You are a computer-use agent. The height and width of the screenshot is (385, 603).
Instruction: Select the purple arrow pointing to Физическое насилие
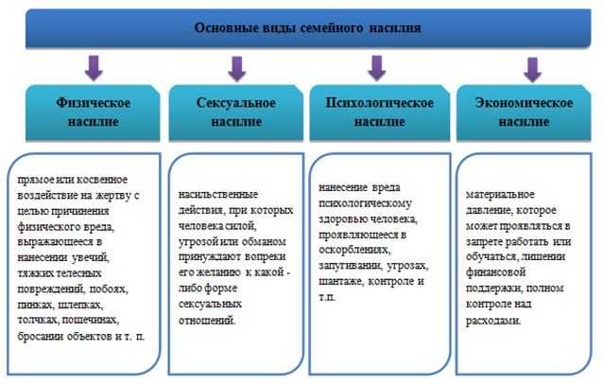coord(94,68)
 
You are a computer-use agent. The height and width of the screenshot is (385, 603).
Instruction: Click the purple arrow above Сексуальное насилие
coord(237,69)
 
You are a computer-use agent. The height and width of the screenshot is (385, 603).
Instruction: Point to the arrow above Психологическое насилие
coord(376,68)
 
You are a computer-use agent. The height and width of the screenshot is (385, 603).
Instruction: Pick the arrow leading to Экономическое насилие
coord(533,70)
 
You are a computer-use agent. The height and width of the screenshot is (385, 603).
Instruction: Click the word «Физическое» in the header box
coord(93,103)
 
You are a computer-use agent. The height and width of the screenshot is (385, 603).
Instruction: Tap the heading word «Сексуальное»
coord(236,103)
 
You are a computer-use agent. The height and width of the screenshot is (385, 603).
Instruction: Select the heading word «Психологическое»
coord(380,103)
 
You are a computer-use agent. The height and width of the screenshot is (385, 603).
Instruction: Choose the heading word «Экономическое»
coord(524,103)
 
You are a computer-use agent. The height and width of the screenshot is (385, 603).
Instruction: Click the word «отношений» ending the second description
coord(207,321)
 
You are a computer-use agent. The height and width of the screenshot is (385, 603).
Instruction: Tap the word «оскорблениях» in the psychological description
coord(354,251)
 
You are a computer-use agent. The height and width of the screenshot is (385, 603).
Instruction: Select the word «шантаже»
coord(340,281)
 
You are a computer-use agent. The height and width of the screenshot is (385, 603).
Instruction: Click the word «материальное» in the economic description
coord(500,195)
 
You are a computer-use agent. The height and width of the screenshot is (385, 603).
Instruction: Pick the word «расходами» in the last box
coord(493,321)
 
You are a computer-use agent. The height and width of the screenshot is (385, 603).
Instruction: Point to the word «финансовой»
coord(495,273)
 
